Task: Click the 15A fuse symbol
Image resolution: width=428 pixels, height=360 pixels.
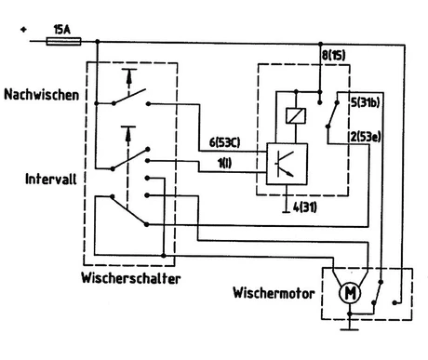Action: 63,41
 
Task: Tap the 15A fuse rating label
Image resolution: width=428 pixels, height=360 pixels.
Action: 62,30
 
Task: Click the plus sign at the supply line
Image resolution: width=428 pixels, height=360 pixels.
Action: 23,30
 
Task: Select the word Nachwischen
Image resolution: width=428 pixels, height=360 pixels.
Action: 42,94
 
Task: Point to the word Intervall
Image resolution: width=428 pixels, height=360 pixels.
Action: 51,179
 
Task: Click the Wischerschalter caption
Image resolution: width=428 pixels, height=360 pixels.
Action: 131,278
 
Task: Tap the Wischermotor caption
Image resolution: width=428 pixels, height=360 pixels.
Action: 274,293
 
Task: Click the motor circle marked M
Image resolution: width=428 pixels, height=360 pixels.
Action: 350,293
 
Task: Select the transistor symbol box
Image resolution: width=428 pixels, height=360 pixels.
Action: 288,164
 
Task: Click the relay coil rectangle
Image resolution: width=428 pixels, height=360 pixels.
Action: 296,115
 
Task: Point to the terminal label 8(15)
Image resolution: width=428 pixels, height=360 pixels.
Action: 333,56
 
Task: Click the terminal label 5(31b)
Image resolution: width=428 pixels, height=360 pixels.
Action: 366,102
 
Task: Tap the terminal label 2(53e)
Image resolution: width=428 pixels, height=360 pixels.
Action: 366,137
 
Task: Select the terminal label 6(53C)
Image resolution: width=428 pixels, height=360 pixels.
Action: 224,142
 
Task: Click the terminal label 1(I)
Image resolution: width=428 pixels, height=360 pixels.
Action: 225,163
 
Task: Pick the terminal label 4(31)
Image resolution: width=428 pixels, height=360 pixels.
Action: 305,207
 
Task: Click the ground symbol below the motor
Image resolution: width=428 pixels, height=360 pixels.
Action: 350,327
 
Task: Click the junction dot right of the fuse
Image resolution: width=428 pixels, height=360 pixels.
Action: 98,41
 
